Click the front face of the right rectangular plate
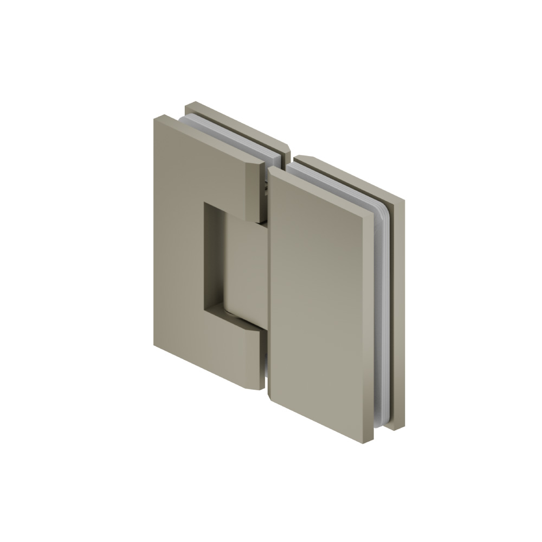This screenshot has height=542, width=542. [320, 304]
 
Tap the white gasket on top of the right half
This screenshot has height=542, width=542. [336, 184]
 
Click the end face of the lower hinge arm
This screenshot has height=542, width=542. [257, 358]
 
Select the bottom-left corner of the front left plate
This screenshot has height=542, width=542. [156, 347]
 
